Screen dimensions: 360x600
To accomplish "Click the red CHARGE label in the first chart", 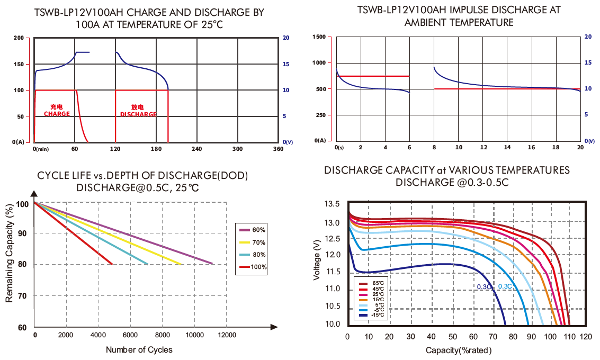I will tap(57, 114).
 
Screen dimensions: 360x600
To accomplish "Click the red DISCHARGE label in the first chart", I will tap(138, 114).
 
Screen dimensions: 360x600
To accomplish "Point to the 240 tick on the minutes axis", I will tap(196, 149).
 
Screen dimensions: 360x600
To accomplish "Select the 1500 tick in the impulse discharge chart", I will tap(319, 37).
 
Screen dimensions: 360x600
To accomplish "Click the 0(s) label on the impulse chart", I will tap(339, 147).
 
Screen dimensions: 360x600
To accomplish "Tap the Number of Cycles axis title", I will tap(139, 349).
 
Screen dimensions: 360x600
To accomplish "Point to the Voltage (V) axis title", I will tap(317, 259).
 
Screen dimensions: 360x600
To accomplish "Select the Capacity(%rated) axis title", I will tap(459, 350).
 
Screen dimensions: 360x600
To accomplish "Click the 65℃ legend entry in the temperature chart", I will tap(374, 284).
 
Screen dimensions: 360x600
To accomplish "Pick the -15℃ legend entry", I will tap(374, 316).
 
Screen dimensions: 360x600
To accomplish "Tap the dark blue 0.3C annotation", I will tap(484, 286).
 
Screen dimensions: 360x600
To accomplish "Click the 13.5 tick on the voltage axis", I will tap(332, 204).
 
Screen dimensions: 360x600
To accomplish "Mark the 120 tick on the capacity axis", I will tap(585, 337).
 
